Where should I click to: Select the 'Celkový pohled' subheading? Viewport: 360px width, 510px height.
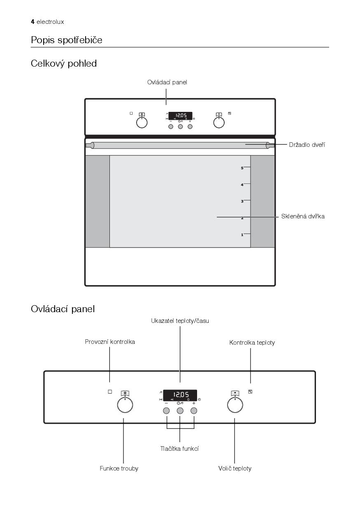click(x=64, y=64)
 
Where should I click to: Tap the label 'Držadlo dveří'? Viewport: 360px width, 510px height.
click(x=307, y=145)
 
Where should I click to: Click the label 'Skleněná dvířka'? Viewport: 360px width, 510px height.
click(x=303, y=216)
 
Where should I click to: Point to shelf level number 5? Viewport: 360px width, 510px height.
click(x=242, y=168)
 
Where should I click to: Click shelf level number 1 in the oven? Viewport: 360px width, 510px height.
click(x=242, y=235)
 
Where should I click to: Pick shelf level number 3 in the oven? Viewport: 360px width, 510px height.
click(x=242, y=201)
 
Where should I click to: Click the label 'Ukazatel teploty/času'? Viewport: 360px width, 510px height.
click(x=180, y=321)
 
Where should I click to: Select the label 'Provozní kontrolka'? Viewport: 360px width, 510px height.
click(x=110, y=342)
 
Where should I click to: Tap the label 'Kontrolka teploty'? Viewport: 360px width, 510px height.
click(x=252, y=343)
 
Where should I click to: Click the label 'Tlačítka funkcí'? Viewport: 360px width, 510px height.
click(x=179, y=449)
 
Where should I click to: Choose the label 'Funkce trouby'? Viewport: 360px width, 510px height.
click(x=119, y=468)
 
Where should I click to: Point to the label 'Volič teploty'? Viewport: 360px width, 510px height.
click(x=235, y=468)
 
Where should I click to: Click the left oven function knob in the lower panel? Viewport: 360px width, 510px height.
click(x=125, y=405)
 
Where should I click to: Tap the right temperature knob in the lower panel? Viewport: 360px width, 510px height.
click(x=235, y=405)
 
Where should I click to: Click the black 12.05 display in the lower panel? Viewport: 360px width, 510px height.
click(x=180, y=396)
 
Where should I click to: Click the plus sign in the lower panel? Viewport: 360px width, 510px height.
click(x=194, y=403)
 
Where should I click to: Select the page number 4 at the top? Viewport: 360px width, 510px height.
click(x=33, y=22)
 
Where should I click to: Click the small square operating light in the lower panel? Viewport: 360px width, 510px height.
click(x=110, y=392)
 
